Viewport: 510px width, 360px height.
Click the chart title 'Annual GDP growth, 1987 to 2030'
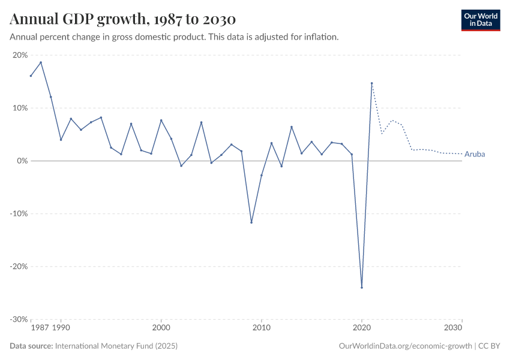(122, 19)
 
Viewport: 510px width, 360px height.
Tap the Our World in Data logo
(480, 20)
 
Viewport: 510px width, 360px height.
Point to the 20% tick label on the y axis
(20, 55)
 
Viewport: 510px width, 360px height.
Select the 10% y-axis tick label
(20, 108)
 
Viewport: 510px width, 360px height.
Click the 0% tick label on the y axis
(22, 161)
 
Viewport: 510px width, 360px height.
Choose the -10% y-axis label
(19, 214)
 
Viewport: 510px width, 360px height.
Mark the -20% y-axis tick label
(19, 266)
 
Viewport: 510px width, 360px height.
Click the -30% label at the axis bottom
(19, 319)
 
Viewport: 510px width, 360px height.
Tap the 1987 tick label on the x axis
(40, 328)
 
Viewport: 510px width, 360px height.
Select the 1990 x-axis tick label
(61, 328)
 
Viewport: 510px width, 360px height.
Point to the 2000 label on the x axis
(161, 328)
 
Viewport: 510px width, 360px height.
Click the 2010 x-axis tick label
(261, 328)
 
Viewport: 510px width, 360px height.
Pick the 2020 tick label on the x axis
(361, 328)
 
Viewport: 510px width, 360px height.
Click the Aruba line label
(475, 154)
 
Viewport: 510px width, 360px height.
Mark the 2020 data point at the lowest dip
(362, 287)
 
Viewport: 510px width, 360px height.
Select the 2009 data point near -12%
(251, 223)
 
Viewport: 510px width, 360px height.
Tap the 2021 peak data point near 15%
(371, 83)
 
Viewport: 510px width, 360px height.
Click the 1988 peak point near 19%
(41, 62)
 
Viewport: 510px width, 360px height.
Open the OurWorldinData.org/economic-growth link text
(406, 346)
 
